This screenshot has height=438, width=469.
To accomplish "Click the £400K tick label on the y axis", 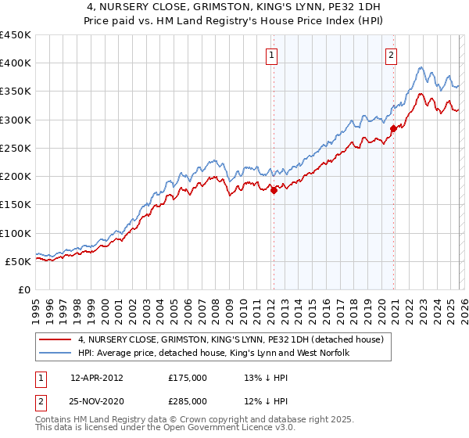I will point(15,63).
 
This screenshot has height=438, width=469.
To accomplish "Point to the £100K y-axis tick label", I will point(15,233).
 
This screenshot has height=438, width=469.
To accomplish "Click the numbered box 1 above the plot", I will point(271,55).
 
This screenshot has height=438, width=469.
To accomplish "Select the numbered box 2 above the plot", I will point(391,55).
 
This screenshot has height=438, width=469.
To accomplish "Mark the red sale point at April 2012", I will point(274,190).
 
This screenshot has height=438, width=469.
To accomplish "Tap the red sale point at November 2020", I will point(393,128).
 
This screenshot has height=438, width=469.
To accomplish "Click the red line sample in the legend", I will point(57,340).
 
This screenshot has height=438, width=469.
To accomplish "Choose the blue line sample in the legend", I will point(57,354).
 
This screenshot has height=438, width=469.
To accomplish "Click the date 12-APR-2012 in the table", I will point(97,377).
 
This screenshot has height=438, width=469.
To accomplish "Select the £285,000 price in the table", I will point(188,401).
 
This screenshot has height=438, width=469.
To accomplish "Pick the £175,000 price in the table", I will point(188,377).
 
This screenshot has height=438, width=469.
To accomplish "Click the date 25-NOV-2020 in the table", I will point(97,401).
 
